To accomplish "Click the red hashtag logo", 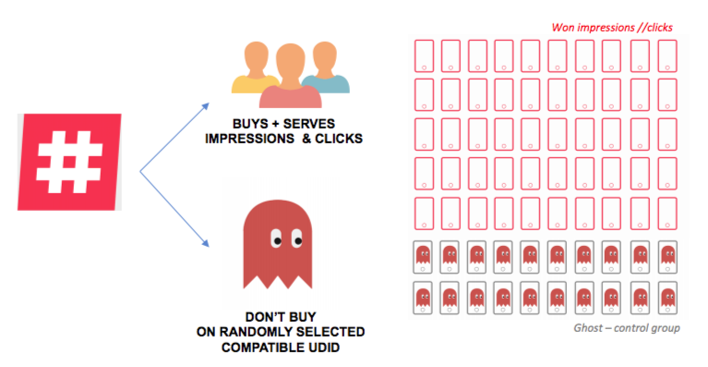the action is tap(69, 162).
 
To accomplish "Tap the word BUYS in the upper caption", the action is tap(247, 124).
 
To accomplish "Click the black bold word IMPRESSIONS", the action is tap(249, 139).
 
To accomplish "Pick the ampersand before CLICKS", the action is tap(306, 139).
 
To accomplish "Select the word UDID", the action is tap(323, 348).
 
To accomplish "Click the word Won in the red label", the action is tap(563, 28).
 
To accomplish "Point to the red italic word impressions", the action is tap(606, 28).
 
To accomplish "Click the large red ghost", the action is tap(278, 244).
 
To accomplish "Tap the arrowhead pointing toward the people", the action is tap(206, 106).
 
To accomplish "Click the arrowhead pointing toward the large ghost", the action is tap(206, 244).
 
